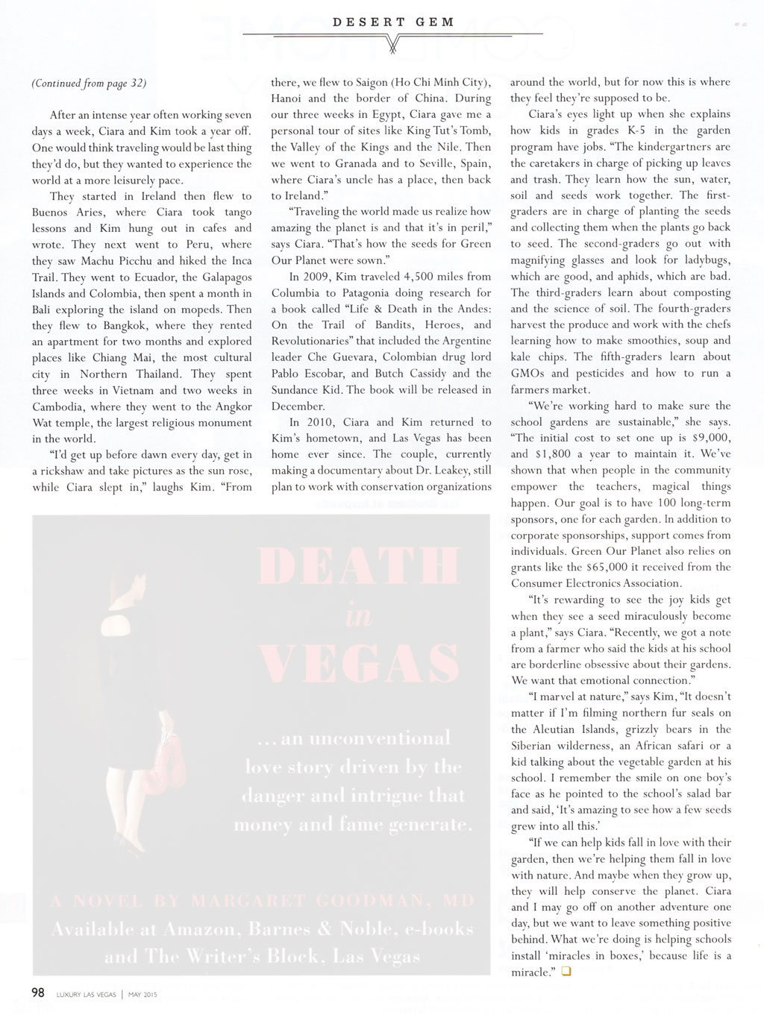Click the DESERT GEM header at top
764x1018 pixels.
coord(393,22)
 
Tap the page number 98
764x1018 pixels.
coord(38,993)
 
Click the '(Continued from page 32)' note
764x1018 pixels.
coord(89,83)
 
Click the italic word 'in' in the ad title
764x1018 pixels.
coord(358,615)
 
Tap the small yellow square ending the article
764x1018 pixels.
coord(566,972)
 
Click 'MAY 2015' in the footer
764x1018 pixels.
coord(143,994)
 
